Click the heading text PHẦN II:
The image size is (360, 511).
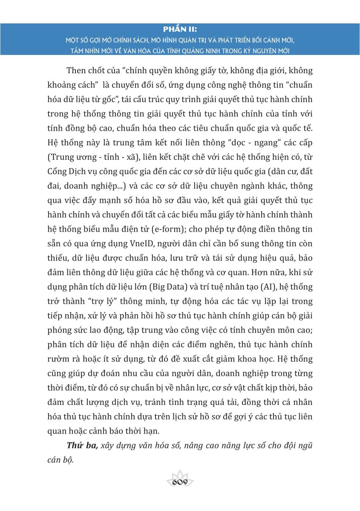click(180, 29)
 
